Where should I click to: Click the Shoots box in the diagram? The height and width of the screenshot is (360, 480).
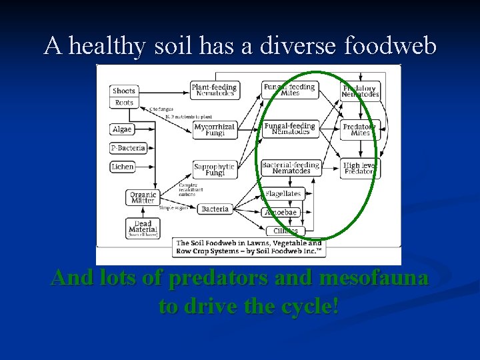(124, 91)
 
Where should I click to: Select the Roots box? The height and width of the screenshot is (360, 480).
(124, 103)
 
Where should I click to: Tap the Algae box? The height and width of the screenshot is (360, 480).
(122, 129)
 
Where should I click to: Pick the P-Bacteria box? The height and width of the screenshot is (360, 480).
(127, 148)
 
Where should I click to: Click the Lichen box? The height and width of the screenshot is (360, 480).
(123, 167)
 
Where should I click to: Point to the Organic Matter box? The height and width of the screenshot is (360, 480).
(143, 197)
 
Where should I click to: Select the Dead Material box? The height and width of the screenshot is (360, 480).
(143, 228)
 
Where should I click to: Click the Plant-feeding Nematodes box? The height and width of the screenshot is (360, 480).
(215, 91)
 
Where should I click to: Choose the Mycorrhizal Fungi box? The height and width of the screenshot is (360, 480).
(215, 130)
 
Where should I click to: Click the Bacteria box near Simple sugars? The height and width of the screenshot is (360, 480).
(215, 209)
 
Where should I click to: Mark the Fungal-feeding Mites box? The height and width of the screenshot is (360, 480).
(289, 90)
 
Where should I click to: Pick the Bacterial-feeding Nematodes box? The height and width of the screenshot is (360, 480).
(291, 167)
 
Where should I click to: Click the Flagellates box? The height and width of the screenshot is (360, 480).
(283, 194)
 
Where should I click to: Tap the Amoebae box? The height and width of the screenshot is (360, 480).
(281, 213)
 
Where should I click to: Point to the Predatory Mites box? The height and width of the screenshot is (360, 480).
(360, 129)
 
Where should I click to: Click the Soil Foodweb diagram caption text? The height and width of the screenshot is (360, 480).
(248, 247)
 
